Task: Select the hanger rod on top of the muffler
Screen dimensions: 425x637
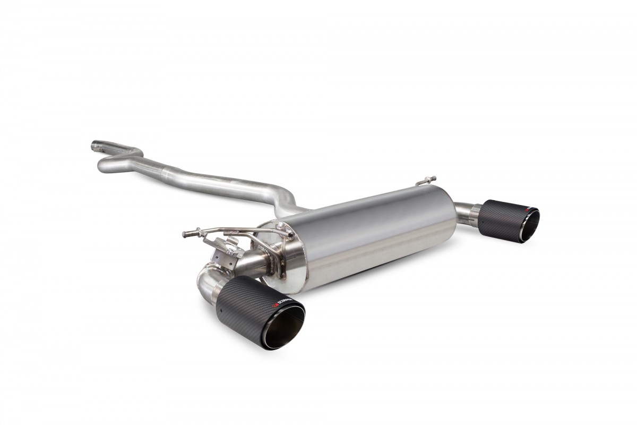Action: click(x=425, y=180)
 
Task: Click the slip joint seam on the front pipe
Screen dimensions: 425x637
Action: click(x=176, y=172)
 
